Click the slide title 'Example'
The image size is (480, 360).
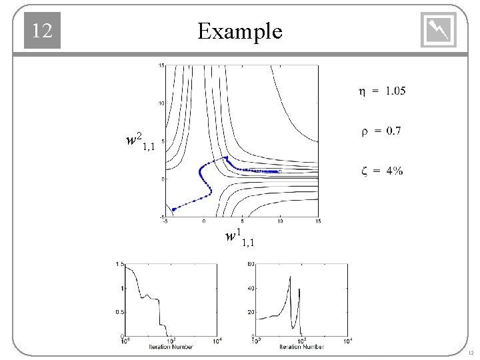click(240, 31)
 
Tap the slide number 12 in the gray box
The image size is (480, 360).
click(42, 31)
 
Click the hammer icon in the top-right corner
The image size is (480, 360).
click(439, 31)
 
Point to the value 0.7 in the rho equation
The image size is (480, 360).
click(390, 131)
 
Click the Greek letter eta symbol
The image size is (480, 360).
click(362, 92)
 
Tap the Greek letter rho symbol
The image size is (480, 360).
click(364, 132)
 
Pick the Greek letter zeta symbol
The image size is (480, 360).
click(363, 171)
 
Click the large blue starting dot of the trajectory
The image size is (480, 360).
click(174, 209)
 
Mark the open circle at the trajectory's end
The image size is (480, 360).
click(280, 171)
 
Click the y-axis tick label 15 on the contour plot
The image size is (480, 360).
click(161, 65)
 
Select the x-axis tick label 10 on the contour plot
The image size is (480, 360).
click(280, 221)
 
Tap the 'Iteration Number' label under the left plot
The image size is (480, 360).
click(171, 347)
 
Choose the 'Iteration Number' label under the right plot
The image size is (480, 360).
click(302, 347)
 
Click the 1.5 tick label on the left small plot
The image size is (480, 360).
click(119, 265)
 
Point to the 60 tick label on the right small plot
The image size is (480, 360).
click(251, 265)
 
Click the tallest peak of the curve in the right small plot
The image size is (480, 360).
click(290, 276)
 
